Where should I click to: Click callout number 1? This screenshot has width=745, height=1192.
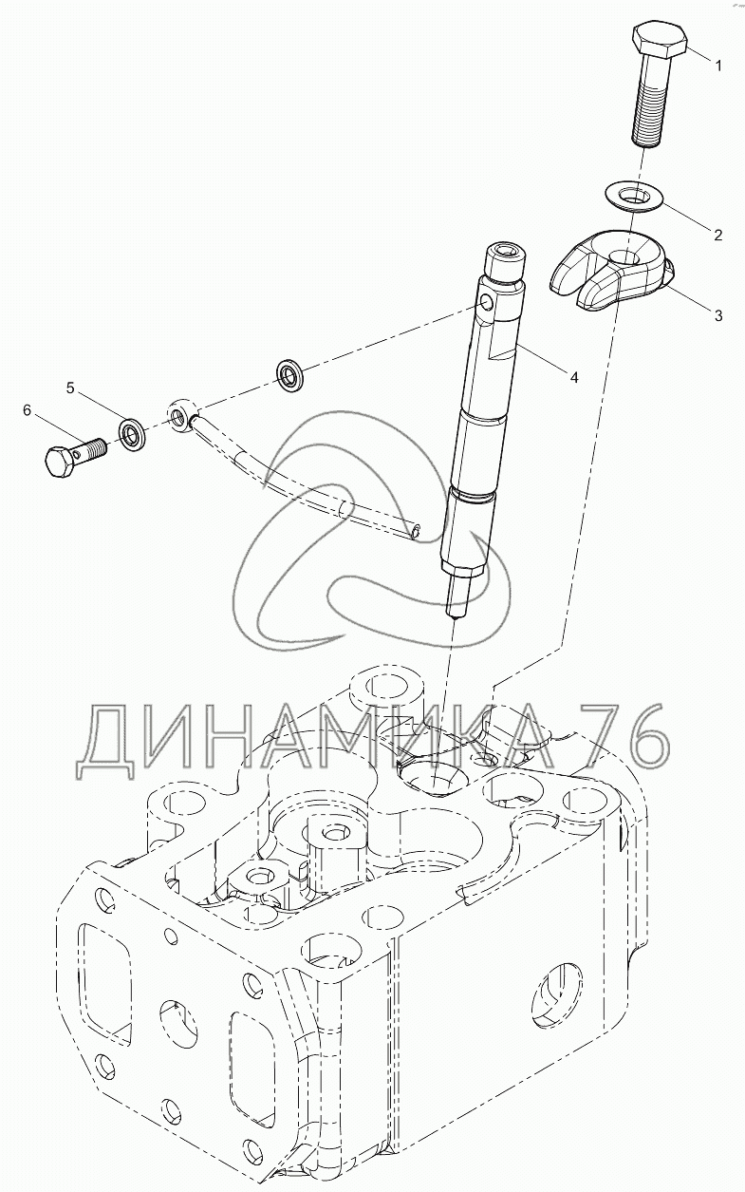tap(717, 66)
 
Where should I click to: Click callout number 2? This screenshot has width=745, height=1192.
tap(718, 234)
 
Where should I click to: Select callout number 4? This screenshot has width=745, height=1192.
tap(572, 377)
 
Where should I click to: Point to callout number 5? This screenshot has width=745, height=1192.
tap(69, 387)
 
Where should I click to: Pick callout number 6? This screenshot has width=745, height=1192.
tap(27, 409)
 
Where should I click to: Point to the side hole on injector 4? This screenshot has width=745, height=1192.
tap(486, 304)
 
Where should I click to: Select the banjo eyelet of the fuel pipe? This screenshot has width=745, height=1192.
tap(179, 414)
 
